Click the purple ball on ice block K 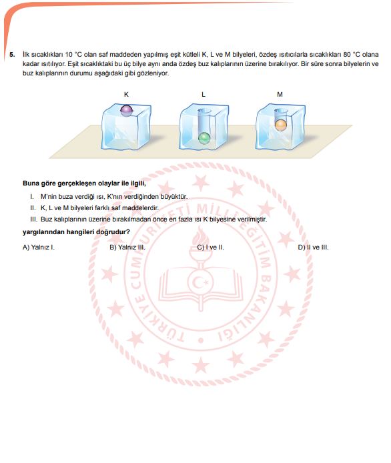[x=127, y=111]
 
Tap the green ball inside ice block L [x=204, y=138]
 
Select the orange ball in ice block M [x=281, y=125]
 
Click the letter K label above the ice [x=126, y=95]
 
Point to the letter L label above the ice [x=204, y=95]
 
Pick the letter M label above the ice [x=280, y=95]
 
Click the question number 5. [x=12, y=55]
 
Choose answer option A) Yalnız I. [x=39, y=248]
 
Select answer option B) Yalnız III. [x=127, y=248]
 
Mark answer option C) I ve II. [x=211, y=248]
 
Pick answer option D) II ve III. [x=314, y=248]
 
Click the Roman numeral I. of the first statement [x=32, y=197]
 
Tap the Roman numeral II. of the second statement [x=33, y=208]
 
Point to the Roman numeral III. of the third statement [x=33, y=219]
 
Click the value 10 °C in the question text [x=73, y=55]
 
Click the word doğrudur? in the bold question [x=113, y=232]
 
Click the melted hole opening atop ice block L [x=205, y=111]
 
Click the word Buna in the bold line [x=31, y=183]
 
